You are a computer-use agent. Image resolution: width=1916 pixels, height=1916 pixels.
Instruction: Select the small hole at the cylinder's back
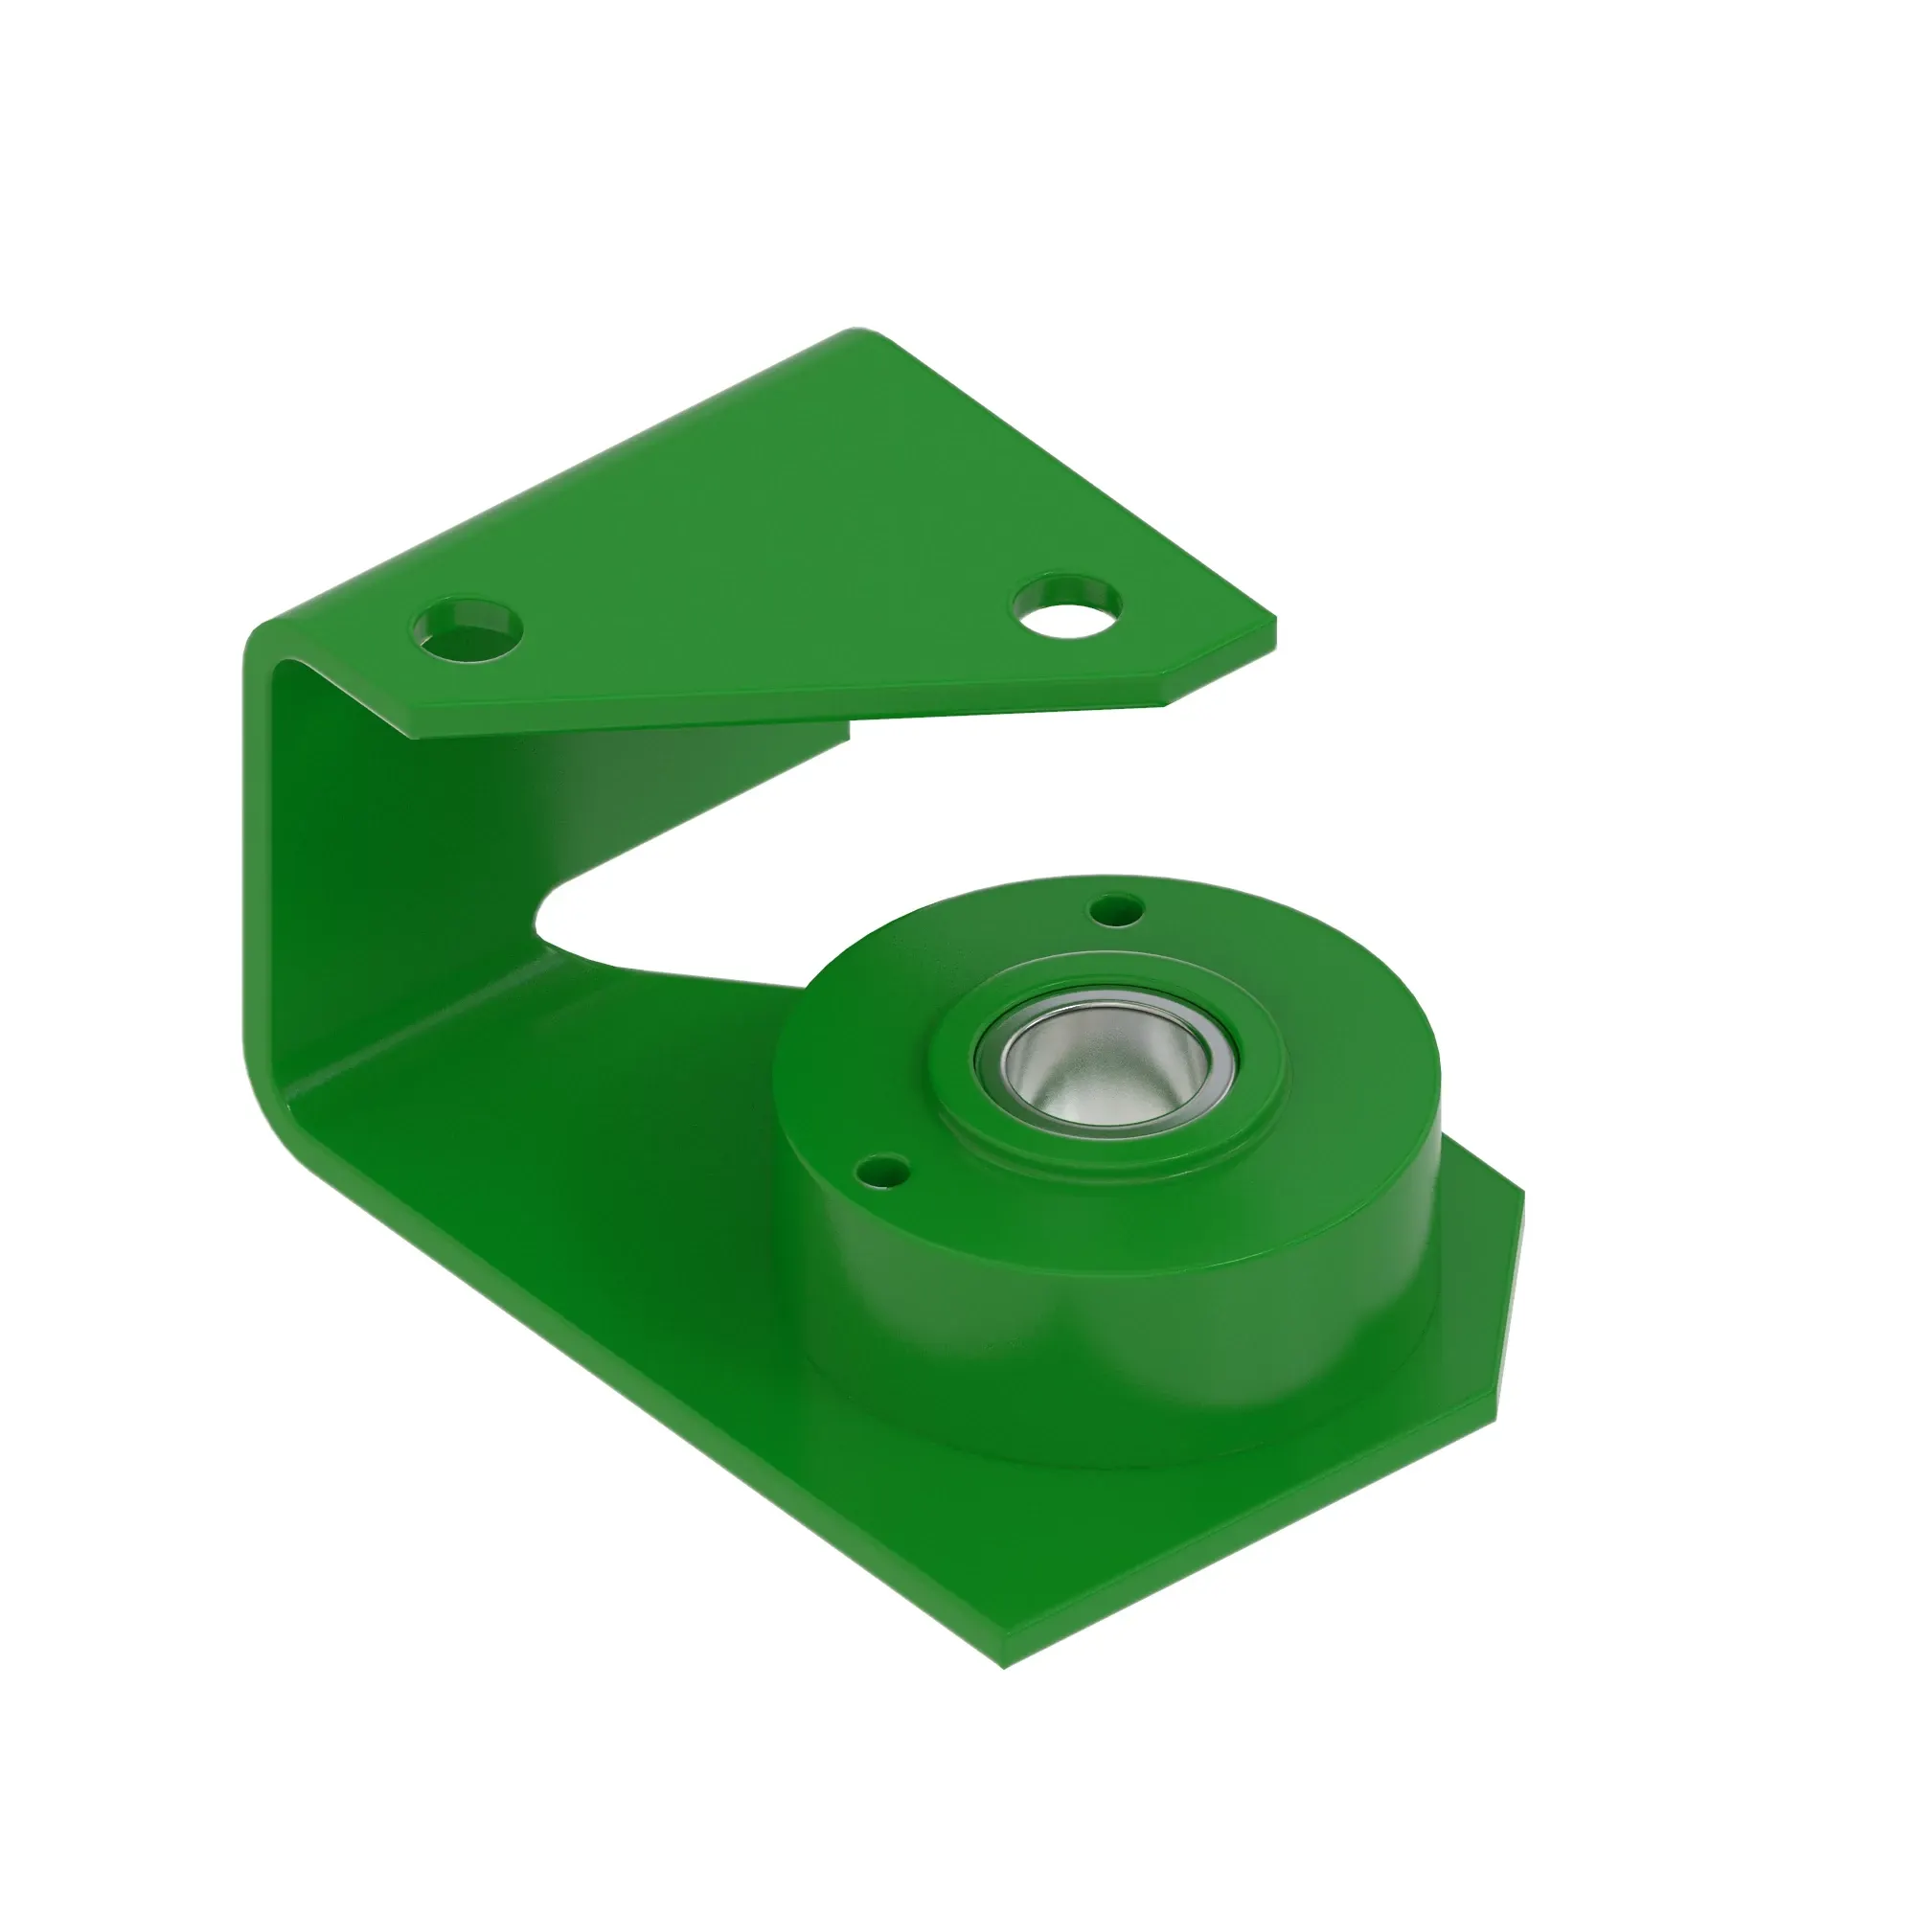tap(1116, 907)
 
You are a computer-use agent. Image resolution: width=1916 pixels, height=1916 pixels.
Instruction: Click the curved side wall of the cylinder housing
tap(1091, 1319)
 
